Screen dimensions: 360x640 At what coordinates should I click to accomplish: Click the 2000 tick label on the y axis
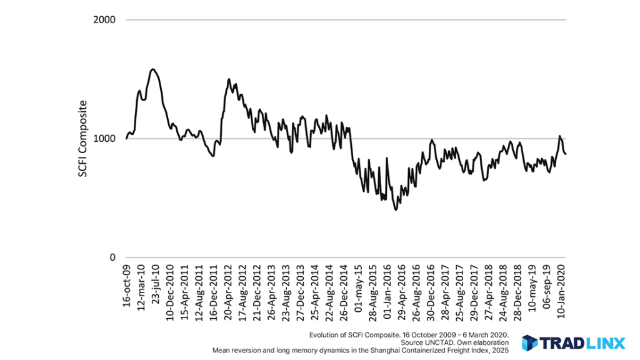pyautogui.click(x=104, y=19)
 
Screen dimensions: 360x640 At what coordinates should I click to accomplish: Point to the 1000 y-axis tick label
pyautogui.click(x=104, y=138)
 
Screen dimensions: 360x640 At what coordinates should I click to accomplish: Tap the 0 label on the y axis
pyautogui.click(x=112, y=257)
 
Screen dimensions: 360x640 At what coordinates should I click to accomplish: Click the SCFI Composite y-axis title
pyautogui.click(x=83, y=138)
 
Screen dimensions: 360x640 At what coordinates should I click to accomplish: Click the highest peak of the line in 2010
pyautogui.click(x=152, y=69)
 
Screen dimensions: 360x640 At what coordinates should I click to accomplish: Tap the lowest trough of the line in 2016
pyautogui.click(x=396, y=209)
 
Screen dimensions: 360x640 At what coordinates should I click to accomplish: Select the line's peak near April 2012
pyautogui.click(x=229, y=79)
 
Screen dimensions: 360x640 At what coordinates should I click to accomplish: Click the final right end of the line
pyautogui.click(x=566, y=154)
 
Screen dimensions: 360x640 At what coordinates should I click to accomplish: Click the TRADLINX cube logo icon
pyautogui.click(x=530, y=342)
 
